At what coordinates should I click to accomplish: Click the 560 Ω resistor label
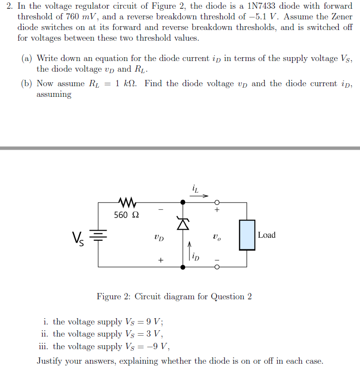(x=127, y=215)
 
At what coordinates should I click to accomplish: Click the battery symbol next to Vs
(x=99, y=236)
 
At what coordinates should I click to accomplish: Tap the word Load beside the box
(x=266, y=235)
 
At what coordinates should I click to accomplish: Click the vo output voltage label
(x=217, y=238)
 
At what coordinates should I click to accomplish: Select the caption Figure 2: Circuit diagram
(x=174, y=296)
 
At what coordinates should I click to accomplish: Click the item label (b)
(x=27, y=84)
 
